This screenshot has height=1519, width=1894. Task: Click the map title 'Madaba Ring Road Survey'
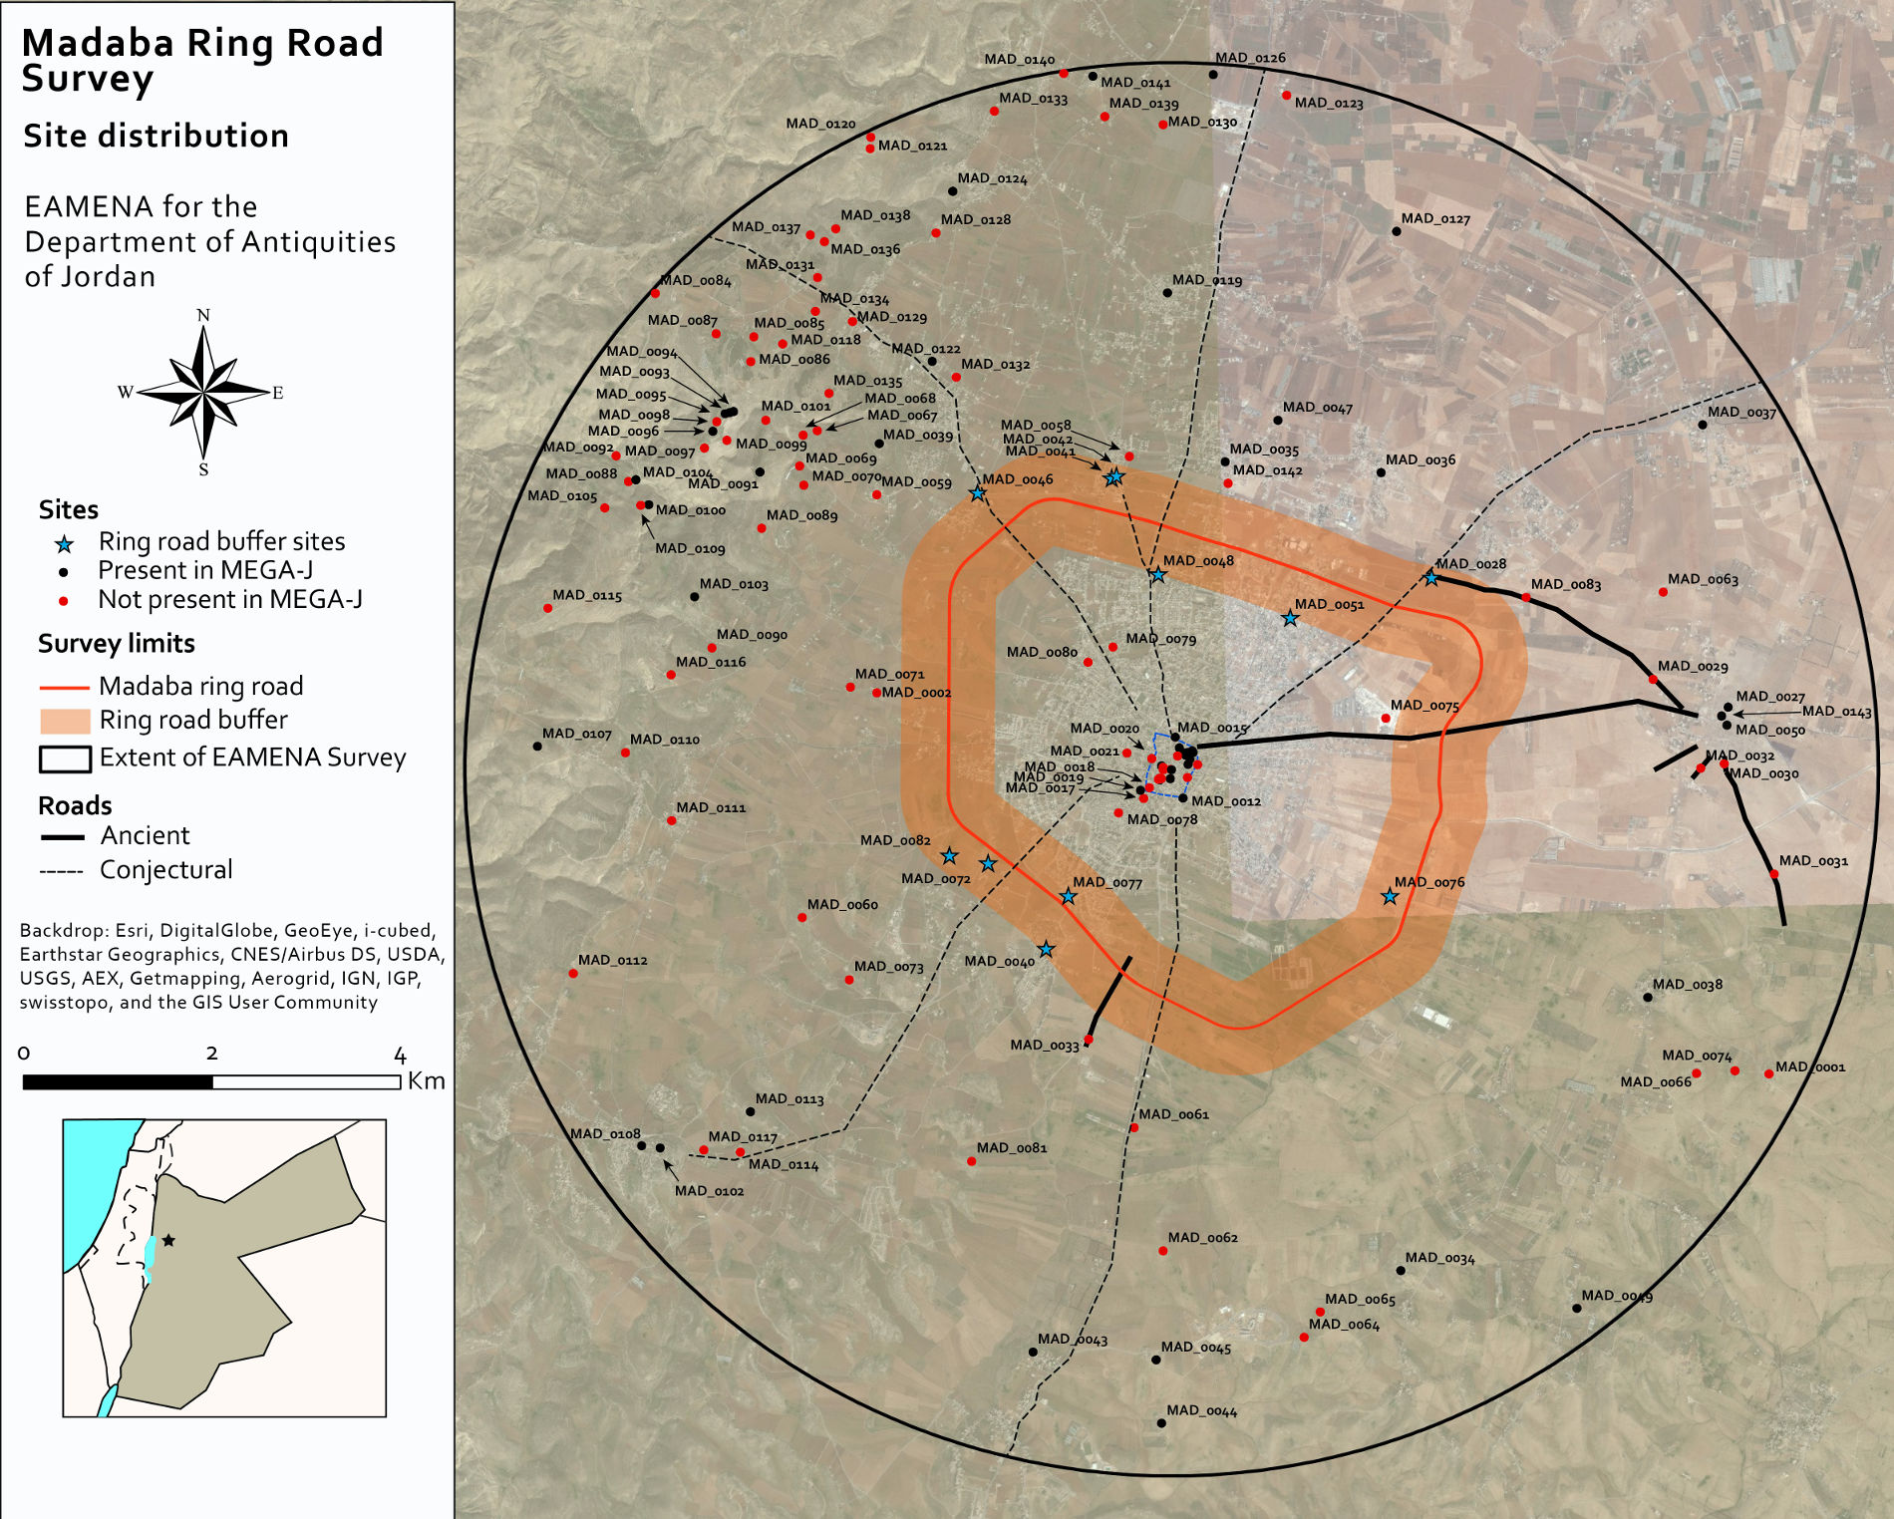(x=202, y=60)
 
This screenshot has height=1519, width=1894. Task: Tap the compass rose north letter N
(x=203, y=316)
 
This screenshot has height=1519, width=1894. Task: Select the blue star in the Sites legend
(x=65, y=544)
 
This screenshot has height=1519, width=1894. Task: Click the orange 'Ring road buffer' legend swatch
(x=65, y=721)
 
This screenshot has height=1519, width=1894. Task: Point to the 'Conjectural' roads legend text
(x=165, y=870)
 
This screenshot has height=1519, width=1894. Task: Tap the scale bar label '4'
(x=400, y=1056)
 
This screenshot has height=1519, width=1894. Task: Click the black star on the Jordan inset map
(x=168, y=1240)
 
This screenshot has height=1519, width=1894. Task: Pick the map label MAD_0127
(x=1435, y=219)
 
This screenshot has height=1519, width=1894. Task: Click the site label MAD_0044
(x=1201, y=1410)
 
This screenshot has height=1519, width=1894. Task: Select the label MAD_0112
(x=612, y=960)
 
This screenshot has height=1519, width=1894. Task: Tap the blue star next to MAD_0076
(x=1390, y=897)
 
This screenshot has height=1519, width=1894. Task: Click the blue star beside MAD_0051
(x=1290, y=619)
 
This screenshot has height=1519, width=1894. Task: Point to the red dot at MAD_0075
(x=1386, y=718)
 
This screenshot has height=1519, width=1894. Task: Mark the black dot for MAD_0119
(x=1167, y=293)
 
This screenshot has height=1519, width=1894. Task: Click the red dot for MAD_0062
(x=1162, y=1251)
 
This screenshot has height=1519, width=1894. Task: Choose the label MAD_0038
(x=1687, y=985)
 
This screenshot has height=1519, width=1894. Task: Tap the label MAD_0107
(x=576, y=734)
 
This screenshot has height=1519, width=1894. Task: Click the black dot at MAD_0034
(x=1401, y=1271)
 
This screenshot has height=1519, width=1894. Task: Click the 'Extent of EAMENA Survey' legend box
(x=65, y=759)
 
